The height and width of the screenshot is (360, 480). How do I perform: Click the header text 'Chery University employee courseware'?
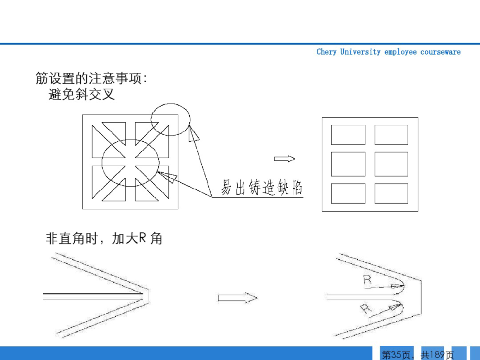pyautogui.click(x=388, y=52)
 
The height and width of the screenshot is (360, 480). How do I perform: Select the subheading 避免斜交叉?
pyautogui.click(x=81, y=94)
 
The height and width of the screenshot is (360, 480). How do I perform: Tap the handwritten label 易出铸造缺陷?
pyautogui.click(x=262, y=188)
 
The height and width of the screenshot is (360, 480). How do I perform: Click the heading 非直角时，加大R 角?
pyautogui.click(x=104, y=239)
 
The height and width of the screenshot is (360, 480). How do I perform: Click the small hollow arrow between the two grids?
pyautogui.click(x=284, y=159)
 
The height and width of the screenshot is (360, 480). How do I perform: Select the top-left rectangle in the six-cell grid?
pyautogui.click(x=348, y=135)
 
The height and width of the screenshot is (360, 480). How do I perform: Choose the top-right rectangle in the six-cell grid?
pyautogui.click(x=391, y=135)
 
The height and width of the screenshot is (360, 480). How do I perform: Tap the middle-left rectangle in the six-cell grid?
pyautogui.click(x=348, y=164)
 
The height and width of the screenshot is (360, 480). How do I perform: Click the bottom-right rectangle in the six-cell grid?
pyautogui.click(x=391, y=193)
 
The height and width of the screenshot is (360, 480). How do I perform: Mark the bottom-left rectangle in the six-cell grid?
pyautogui.click(x=348, y=193)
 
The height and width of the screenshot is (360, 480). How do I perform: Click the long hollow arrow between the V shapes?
pyautogui.click(x=237, y=298)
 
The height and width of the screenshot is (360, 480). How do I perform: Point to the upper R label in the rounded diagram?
pyautogui.click(x=367, y=280)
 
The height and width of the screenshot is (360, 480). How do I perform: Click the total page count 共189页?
pyautogui.click(x=437, y=355)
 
